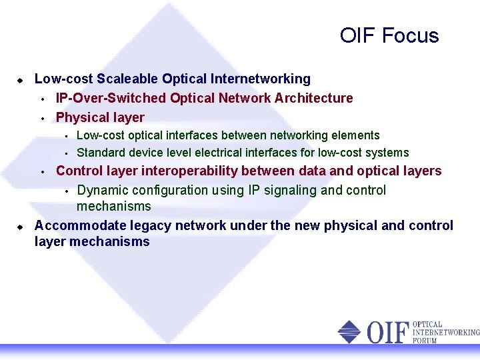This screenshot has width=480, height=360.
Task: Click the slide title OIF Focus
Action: (x=389, y=35)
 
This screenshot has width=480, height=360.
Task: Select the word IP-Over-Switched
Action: (x=111, y=98)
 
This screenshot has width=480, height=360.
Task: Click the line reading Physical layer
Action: (x=100, y=117)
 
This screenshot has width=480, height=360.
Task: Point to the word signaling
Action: (x=289, y=190)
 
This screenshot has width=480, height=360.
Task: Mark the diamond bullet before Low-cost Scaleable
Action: (x=20, y=79)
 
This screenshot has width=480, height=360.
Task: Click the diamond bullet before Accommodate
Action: (x=20, y=226)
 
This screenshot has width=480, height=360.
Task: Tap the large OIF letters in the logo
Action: (x=385, y=331)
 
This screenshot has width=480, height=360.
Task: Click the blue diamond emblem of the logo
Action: (x=349, y=331)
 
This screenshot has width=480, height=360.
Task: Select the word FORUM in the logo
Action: (x=425, y=340)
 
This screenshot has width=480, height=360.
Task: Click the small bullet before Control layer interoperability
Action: (x=41, y=171)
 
